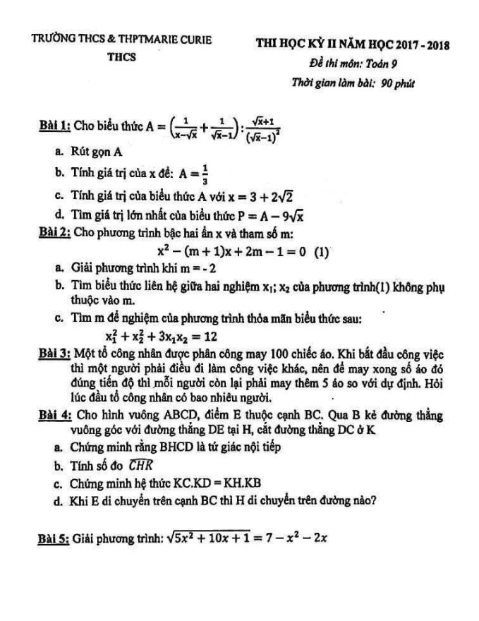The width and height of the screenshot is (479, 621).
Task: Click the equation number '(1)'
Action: (x=322, y=251)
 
